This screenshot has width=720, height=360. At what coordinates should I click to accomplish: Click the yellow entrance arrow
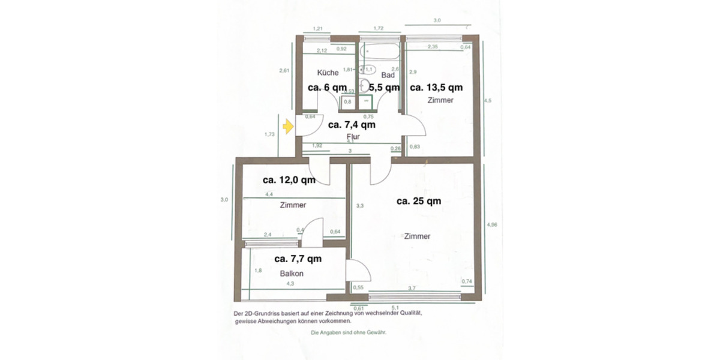click(288, 126)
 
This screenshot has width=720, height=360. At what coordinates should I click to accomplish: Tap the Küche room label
click(328, 73)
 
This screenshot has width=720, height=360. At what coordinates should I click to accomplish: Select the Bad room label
click(388, 76)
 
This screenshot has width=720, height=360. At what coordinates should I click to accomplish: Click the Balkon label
click(292, 274)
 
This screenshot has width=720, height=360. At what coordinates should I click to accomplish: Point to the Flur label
click(353, 137)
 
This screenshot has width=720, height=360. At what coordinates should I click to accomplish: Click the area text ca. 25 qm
click(419, 201)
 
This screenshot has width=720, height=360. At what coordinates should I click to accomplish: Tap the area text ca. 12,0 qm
click(289, 179)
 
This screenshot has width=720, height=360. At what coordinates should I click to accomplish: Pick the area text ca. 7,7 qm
click(298, 259)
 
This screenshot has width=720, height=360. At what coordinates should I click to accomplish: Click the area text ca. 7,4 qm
click(352, 125)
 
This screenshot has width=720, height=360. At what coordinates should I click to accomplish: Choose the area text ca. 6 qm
click(327, 87)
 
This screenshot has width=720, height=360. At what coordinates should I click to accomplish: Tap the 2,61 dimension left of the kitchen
click(284, 71)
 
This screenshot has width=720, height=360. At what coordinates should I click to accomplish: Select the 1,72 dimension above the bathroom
click(378, 28)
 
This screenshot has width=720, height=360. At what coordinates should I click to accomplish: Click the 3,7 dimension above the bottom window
click(412, 289)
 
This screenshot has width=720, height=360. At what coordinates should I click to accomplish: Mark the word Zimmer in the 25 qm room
click(417, 236)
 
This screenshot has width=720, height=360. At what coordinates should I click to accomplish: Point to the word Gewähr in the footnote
click(376, 332)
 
